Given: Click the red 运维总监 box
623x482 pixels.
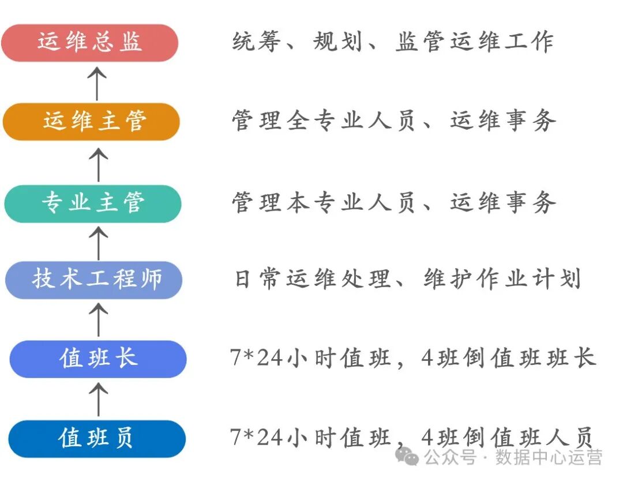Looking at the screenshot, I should (x=89, y=43).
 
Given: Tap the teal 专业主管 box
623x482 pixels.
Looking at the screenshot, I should (x=92, y=204).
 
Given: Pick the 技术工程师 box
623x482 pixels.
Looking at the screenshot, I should (x=94, y=280).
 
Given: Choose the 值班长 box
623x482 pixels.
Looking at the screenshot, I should (x=97, y=359).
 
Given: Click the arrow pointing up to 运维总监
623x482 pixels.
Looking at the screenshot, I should (x=97, y=82).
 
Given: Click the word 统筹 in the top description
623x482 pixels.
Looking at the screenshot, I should (x=256, y=42).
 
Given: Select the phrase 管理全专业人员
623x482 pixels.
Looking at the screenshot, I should (x=323, y=121).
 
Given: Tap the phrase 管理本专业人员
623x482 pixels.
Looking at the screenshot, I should (x=323, y=203).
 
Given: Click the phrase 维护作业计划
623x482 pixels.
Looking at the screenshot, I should (x=501, y=280).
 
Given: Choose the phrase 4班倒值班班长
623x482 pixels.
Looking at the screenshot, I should (x=508, y=359).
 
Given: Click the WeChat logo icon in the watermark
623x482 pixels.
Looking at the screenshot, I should (x=410, y=457).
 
